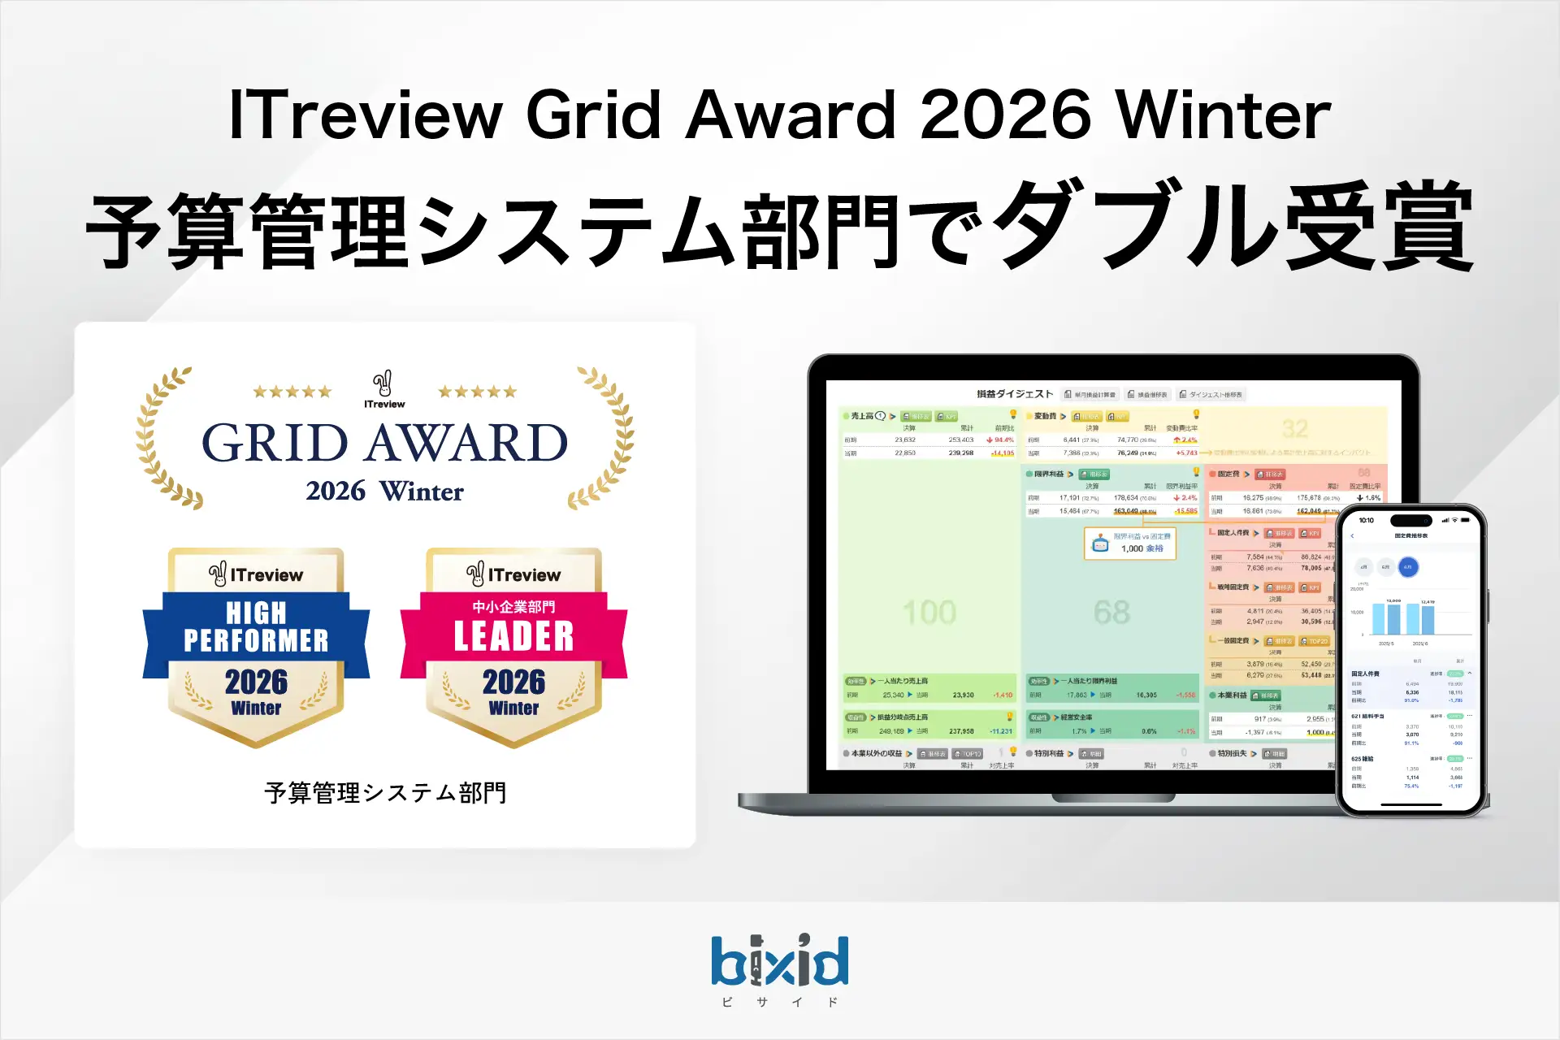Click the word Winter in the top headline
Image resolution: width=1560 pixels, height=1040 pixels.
(1223, 115)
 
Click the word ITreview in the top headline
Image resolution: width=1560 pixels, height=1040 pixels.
(366, 115)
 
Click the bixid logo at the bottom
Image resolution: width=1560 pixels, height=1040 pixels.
(780, 961)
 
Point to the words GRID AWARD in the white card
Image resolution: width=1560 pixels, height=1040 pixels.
(384, 443)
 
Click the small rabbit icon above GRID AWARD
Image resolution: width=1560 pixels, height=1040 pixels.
(383, 383)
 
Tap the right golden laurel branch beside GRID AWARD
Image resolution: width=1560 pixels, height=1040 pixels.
(604, 439)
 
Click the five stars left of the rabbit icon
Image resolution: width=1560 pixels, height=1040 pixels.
(292, 392)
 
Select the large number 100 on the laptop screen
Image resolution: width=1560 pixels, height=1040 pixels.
(929, 613)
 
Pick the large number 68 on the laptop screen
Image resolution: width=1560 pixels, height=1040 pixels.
(1111, 613)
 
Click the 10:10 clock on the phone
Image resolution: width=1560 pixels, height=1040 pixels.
(1367, 520)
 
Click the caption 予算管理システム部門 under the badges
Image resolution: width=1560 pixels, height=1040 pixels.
(385, 793)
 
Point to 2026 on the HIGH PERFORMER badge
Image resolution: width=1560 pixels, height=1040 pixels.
(256, 682)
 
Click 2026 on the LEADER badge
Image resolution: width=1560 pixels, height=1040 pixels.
(513, 682)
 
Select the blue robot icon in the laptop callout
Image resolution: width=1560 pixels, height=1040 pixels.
(1100, 544)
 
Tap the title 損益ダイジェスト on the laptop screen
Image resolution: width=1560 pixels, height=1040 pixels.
(1015, 394)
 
